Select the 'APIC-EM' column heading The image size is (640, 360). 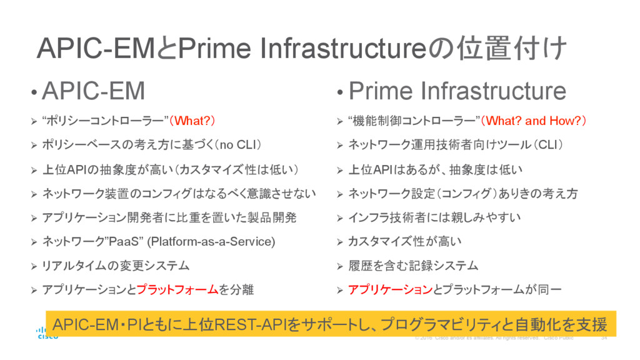click(x=93, y=91)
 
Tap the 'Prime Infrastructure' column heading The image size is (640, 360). click(x=457, y=91)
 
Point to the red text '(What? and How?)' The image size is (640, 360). click(x=536, y=121)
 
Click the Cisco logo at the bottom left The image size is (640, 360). click(x=46, y=332)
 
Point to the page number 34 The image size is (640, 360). click(x=604, y=338)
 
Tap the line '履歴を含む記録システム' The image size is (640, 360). click(x=412, y=266)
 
